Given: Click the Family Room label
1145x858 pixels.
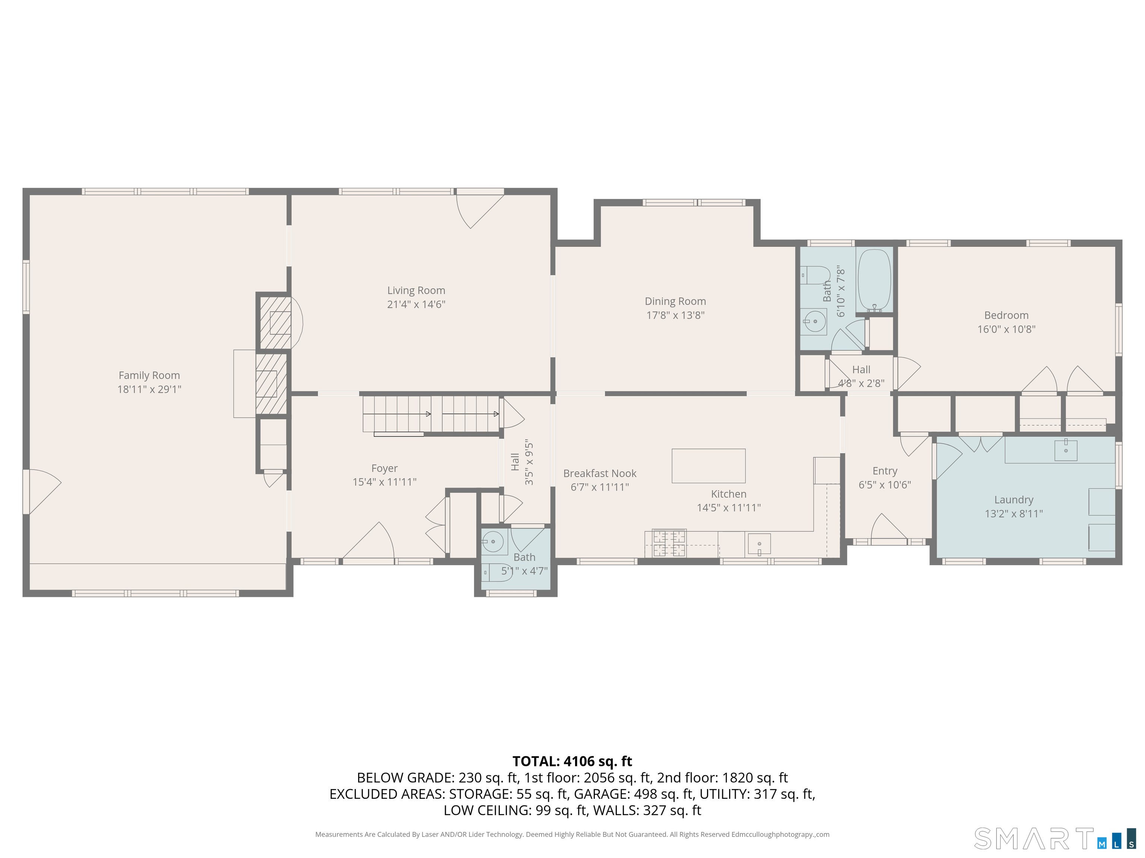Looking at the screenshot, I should [149, 375].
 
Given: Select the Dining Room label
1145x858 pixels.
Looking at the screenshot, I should [675, 301].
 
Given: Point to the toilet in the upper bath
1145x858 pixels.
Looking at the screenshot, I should [815, 274].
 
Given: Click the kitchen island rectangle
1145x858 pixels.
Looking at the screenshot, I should [708, 465].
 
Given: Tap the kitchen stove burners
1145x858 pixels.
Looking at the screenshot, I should [669, 544].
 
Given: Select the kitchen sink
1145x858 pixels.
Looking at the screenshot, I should [759, 544].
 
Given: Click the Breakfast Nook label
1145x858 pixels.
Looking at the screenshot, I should [599, 473].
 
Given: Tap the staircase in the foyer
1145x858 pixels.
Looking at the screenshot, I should [430, 414].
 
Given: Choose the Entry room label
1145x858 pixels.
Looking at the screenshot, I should [884, 471].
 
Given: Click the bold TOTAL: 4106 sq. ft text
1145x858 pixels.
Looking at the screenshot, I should [572, 761].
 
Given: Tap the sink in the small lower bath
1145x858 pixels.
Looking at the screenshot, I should [493, 542].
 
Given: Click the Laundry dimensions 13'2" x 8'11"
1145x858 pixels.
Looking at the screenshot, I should [1013, 514].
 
